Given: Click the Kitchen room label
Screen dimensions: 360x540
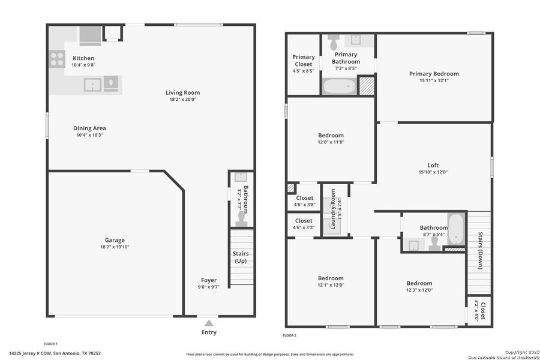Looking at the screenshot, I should click(x=83, y=58).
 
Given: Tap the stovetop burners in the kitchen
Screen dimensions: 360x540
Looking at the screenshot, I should click(x=57, y=59).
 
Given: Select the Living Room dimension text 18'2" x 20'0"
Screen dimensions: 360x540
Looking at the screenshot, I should click(x=182, y=100).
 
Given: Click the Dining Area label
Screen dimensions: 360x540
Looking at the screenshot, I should click(x=89, y=128).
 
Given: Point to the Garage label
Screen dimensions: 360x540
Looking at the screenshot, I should click(x=115, y=240).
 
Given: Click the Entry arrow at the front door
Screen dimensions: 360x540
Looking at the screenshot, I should click(x=208, y=322).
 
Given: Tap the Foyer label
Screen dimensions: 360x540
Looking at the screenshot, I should click(x=208, y=280).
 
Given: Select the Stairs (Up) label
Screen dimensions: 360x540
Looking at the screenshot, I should click(x=241, y=257).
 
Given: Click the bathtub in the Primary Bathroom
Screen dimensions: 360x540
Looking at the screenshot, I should click(x=340, y=86).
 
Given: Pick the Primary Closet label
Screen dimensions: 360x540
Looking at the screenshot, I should click(x=303, y=60).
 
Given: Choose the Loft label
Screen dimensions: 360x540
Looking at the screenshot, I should click(x=433, y=166).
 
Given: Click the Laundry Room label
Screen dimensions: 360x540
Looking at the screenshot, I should click(x=333, y=209).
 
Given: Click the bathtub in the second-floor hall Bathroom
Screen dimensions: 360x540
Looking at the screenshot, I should click(x=456, y=229).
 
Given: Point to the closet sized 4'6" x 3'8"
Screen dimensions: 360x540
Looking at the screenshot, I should click(x=304, y=201).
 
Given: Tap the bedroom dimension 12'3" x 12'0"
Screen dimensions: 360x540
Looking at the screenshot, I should click(x=419, y=290).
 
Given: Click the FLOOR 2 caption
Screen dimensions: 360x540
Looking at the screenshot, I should click(x=290, y=335).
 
